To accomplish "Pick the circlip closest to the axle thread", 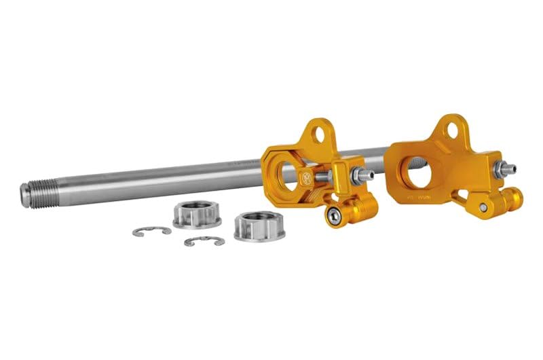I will [151, 232].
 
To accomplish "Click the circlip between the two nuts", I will [204, 240].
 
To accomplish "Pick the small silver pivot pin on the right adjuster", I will [483, 207].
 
